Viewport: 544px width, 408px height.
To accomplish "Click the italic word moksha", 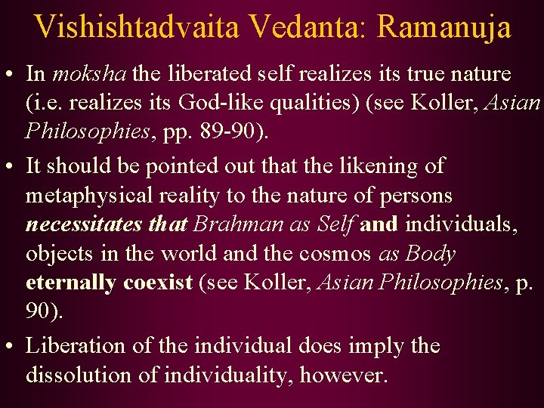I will point(90,75).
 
